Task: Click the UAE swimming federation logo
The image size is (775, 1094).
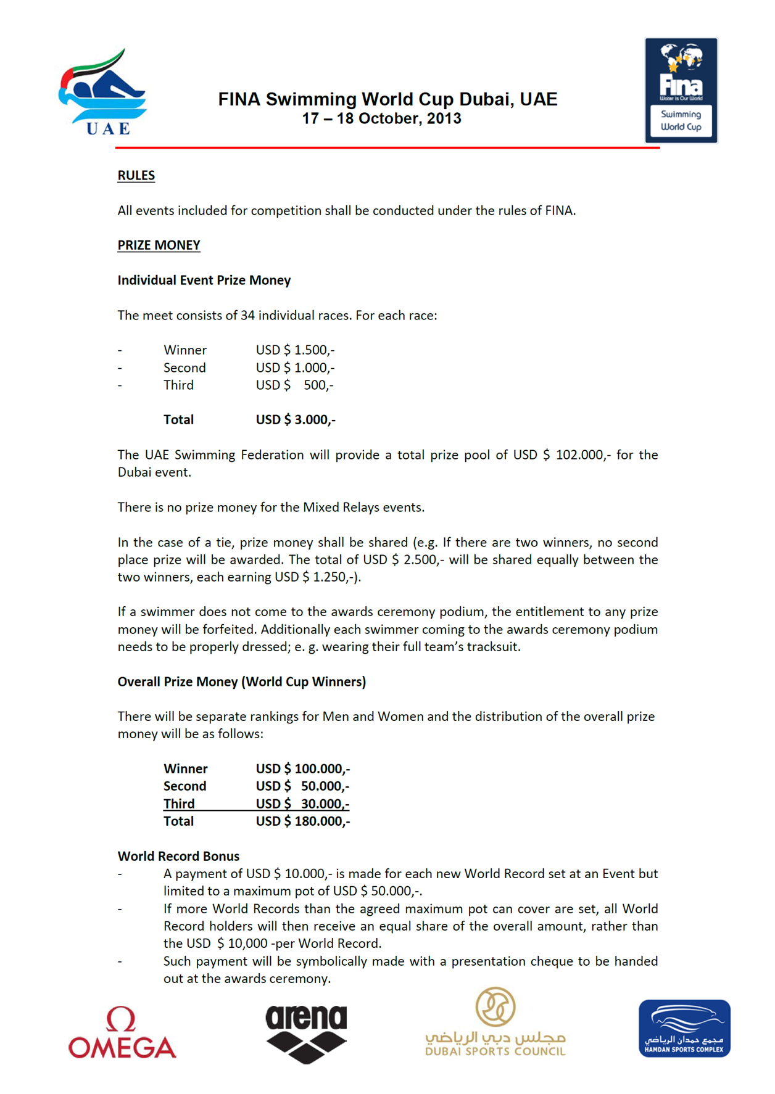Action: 102,93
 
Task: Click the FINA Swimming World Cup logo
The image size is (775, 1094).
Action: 681,90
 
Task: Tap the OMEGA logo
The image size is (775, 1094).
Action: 122,1032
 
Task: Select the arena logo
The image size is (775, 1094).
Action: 306,1033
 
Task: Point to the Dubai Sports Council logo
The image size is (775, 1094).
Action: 495,1024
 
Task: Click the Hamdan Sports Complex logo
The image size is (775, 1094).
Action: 684,1028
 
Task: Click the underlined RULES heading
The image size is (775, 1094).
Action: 136,176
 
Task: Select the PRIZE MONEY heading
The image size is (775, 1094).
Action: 159,245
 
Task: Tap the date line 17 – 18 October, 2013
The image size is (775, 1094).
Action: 381,118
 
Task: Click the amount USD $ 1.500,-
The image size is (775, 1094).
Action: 295,350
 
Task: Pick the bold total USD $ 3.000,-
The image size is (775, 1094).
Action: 296,420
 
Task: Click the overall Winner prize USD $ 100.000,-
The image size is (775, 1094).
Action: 302,769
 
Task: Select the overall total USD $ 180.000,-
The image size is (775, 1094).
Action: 302,821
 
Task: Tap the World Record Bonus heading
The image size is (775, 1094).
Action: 178,856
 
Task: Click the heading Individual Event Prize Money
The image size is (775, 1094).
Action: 204,281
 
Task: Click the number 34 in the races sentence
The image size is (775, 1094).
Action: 247,316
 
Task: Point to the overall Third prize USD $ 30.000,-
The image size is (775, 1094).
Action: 302,804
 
